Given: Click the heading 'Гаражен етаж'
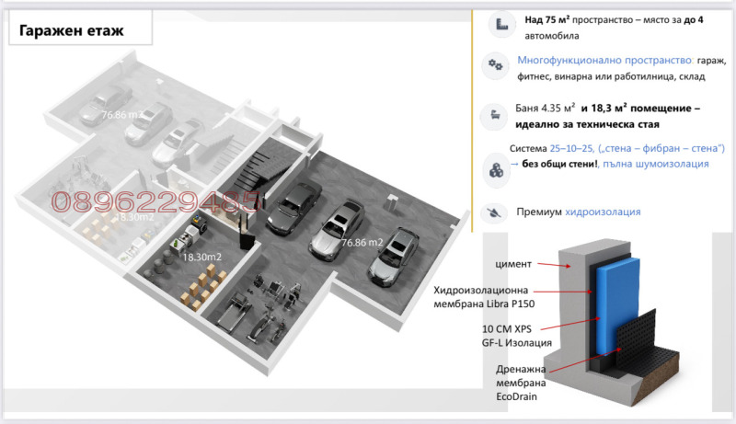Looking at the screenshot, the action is click(x=71, y=31).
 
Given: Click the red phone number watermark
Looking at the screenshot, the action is click(x=155, y=201).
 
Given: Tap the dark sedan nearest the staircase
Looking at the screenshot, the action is click(x=294, y=207).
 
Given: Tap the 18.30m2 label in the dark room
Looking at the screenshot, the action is click(x=201, y=257).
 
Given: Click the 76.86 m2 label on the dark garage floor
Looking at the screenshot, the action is click(x=362, y=243).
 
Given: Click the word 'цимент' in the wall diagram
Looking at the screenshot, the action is click(x=513, y=264).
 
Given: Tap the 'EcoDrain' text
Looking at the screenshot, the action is click(x=516, y=396).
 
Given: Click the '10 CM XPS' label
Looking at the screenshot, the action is click(x=507, y=329).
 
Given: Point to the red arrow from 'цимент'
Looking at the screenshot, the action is click(x=554, y=265).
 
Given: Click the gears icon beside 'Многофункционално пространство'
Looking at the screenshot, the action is click(x=495, y=64).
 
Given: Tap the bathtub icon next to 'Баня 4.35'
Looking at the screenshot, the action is click(x=495, y=115).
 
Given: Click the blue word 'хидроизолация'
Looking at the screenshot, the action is click(x=603, y=212).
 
